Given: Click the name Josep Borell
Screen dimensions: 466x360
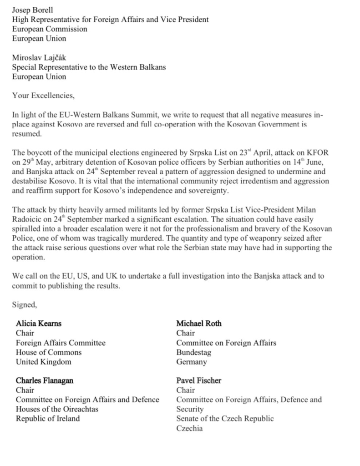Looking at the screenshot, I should pos(33,9).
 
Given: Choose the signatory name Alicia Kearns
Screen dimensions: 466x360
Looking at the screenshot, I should pos(39,324).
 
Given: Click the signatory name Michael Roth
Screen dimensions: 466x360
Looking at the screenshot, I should pos(199,324).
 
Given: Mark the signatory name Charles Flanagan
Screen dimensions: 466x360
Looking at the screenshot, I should pos(45,380).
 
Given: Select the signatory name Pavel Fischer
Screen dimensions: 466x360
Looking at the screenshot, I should pos(198,380).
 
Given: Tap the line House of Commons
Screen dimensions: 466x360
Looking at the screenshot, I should pos(49,353).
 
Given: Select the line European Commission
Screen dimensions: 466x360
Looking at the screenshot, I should pos(50,29).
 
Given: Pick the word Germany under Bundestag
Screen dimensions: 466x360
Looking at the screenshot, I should pos(192,362).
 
